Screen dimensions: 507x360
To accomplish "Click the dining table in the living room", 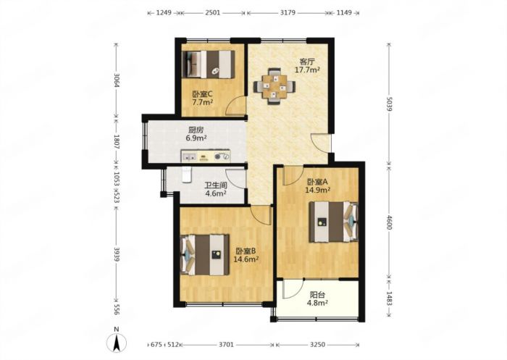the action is coord(275,86).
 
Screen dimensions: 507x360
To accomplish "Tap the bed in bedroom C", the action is coord(209,64).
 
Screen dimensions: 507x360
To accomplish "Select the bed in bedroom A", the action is coord(334,222).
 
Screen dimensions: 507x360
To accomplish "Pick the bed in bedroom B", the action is coord(205,255).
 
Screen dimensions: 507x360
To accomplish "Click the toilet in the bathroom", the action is coord(187,175).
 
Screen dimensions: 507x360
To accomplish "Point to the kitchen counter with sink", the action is coord(206,156).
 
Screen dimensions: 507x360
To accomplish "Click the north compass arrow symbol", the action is coord(117,343).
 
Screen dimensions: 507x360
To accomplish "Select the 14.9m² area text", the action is coord(317,190).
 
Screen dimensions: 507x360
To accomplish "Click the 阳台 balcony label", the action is coord(317,295).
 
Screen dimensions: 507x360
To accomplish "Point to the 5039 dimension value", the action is coord(389,104).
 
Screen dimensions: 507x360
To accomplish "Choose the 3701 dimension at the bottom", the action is coord(226,345).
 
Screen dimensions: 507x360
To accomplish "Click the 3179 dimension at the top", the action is coord(288,13).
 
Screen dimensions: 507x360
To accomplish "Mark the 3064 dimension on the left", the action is coord(117,80).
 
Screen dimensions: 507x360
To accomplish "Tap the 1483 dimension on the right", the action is coord(389,298).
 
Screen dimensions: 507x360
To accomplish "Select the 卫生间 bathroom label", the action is coord(216,185).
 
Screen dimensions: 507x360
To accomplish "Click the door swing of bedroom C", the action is coord(235,106).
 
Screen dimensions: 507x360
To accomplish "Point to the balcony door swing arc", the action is coord(293,288).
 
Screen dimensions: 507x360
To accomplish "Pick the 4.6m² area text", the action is coord(216,193).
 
